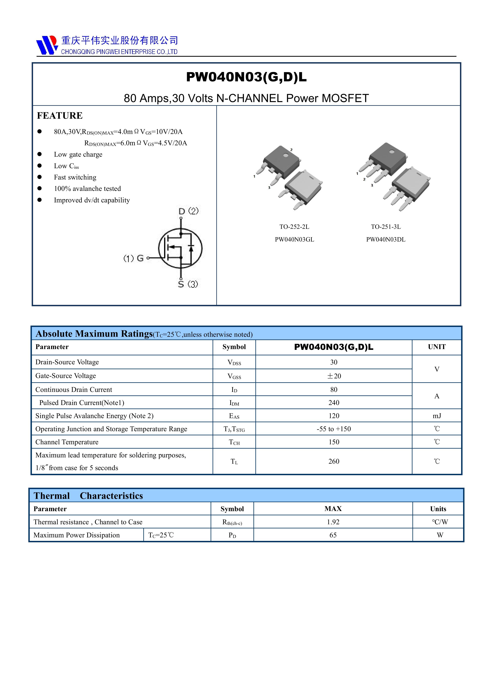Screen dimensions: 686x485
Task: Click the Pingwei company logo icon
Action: point(47,45)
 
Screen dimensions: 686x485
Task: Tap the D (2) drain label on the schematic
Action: point(188,211)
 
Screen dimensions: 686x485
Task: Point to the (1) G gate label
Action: point(134,258)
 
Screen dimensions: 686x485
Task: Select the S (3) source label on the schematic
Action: point(188,284)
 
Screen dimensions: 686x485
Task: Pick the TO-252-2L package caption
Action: point(294,227)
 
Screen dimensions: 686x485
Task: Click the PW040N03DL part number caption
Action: point(386,240)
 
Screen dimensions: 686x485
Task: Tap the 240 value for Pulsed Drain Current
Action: point(334,403)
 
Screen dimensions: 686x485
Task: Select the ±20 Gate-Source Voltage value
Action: point(334,376)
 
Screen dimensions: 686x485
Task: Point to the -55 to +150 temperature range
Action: point(334,429)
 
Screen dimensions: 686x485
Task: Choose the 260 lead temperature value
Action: point(334,461)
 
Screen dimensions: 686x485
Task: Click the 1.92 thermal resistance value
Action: point(333,522)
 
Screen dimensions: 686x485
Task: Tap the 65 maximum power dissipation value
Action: point(333,535)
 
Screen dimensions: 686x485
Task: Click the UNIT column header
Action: point(436,347)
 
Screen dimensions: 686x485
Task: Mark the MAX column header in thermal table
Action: point(333,509)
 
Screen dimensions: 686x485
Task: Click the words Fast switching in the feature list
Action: point(75,178)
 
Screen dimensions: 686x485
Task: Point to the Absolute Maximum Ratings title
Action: point(94,334)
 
